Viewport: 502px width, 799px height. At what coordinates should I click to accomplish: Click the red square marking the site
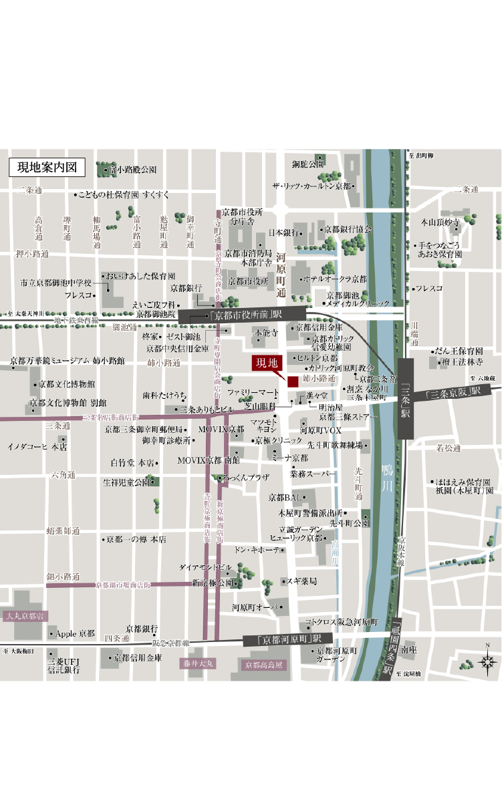(293, 381)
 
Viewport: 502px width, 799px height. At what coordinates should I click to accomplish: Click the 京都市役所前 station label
(247, 315)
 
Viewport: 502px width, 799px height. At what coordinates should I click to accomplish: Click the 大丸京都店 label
(24, 615)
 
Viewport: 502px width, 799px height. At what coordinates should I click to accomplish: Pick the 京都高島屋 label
(264, 665)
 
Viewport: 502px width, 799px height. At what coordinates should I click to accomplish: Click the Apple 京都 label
(74, 633)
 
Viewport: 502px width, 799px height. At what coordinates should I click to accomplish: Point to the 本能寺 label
(265, 331)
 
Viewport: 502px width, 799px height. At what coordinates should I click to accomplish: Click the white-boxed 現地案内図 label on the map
(47, 166)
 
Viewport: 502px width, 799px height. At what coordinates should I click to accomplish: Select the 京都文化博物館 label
(66, 384)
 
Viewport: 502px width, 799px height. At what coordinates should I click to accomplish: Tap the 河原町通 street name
(281, 275)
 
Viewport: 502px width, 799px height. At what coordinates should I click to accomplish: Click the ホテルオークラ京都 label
(336, 279)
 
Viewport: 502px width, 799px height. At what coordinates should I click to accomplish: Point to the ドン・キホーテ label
(257, 550)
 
